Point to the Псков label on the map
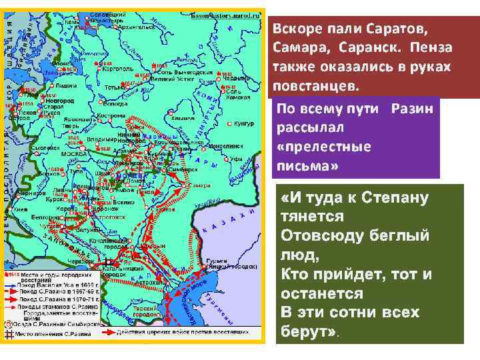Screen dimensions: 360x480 (28, 112)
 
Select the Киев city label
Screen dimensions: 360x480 (18, 207)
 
